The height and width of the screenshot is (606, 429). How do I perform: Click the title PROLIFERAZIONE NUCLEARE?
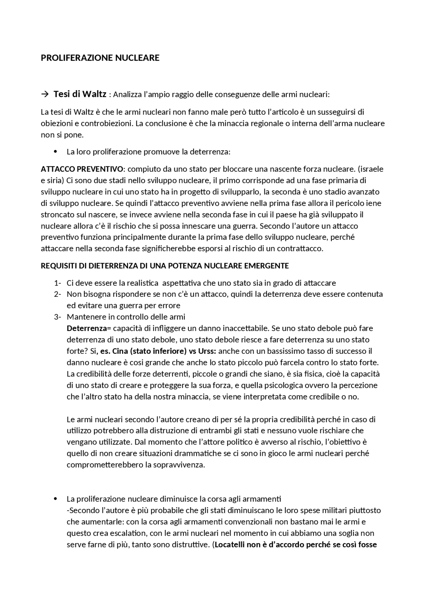(100, 58)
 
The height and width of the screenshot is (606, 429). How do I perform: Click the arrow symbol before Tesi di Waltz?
(45, 94)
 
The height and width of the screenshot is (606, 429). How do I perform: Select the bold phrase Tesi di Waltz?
(80, 94)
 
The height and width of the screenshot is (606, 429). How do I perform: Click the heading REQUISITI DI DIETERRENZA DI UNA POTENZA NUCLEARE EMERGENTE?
(165, 266)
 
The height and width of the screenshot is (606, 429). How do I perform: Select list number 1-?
(57, 283)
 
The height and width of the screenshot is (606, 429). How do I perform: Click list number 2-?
(57, 294)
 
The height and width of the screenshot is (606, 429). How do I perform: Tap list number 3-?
(57, 317)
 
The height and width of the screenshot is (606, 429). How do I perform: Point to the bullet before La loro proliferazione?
(56, 152)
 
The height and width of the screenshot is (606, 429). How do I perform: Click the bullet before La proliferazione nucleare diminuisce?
(56, 499)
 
